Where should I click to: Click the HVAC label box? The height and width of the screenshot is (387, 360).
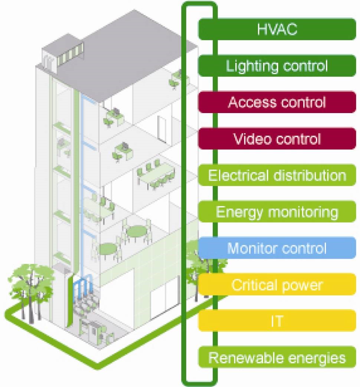point(277,29)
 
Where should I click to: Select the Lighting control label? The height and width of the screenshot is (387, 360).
point(277,66)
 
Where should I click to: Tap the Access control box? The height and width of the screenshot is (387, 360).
point(277,102)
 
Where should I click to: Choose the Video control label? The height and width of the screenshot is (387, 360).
point(277,139)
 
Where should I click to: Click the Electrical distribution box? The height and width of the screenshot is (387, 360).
point(277,175)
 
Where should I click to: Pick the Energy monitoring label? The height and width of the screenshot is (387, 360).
point(277,212)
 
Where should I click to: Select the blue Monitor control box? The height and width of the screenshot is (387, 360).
point(277,248)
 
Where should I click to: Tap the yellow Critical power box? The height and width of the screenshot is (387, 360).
point(277,285)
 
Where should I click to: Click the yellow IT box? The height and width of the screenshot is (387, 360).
point(277,321)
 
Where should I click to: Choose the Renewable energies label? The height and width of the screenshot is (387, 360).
point(277,358)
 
